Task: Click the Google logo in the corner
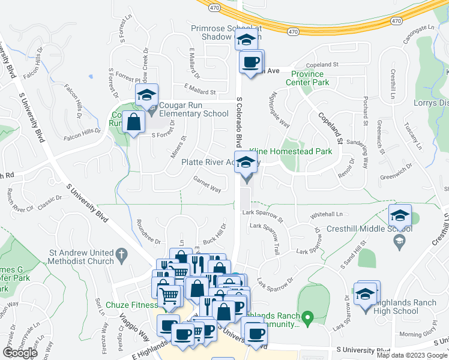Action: (x=20, y=353)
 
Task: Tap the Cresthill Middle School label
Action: (x=367, y=229)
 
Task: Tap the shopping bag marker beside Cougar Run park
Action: (x=133, y=123)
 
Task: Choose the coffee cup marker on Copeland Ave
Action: (x=251, y=62)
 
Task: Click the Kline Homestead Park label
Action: (x=296, y=152)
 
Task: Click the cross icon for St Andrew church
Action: (x=122, y=254)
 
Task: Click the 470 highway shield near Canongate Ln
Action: (x=396, y=21)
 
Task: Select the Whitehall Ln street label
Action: (x=327, y=214)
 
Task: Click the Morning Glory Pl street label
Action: (x=419, y=334)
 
